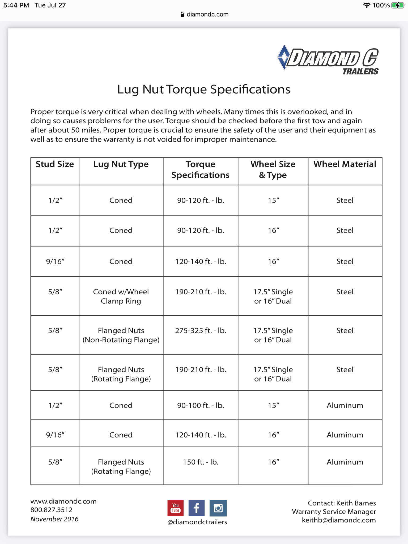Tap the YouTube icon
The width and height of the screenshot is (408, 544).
click(175, 508)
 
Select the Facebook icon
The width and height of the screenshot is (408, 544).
click(197, 508)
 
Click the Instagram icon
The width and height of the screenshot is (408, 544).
click(218, 508)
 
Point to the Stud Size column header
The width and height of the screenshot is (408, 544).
click(55, 164)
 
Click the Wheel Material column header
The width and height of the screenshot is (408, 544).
click(345, 164)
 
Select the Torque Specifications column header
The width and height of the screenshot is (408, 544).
click(200, 169)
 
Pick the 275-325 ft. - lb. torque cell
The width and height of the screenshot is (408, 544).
click(201, 330)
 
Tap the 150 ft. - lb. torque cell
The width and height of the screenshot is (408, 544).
click(201, 462)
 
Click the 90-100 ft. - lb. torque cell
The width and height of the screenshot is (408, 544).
click(201, 405)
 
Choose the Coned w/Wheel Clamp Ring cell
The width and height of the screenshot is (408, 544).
click(121, 296)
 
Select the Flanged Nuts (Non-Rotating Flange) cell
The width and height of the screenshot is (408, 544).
click(121, 335)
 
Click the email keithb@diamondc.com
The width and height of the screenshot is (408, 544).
click(339, 520)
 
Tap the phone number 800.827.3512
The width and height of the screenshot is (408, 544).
click(52, 510)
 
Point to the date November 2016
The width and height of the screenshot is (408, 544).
click(54, 519)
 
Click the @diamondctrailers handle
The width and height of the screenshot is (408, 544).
click(197, 522)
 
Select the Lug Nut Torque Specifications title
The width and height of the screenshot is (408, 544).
click(204, 89)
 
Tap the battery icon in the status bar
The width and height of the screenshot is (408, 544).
click(398, 5)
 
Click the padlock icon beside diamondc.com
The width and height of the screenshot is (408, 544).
click(182, 14)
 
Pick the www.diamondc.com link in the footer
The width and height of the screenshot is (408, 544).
click(63, 501)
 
